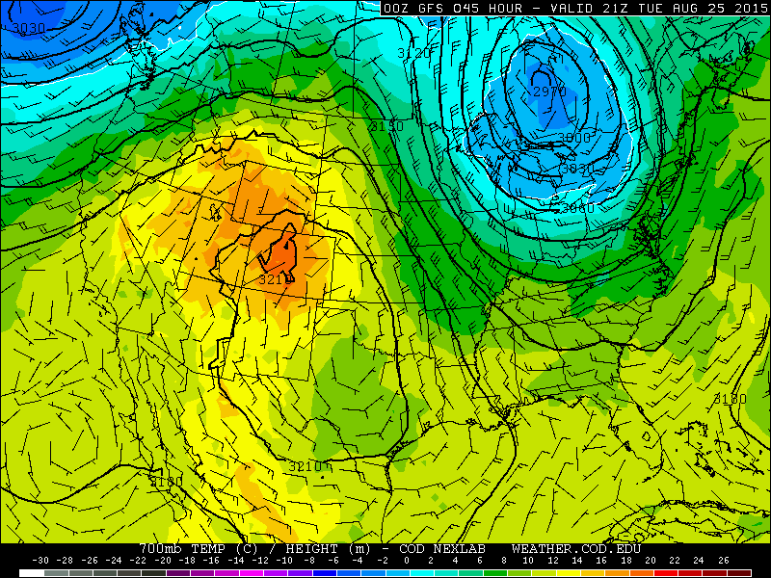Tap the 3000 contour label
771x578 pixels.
(574, 138)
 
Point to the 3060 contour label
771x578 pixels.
(577, 207)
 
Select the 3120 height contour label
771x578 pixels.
(414, 54)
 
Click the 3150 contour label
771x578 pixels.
(386, 126)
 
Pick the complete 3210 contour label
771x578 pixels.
(306, 466)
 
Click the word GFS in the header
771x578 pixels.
(424, 8)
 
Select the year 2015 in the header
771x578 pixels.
(747, 8)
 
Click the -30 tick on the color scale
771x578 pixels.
(40, 560)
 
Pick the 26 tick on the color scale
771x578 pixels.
(724, 560)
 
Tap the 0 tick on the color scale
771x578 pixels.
(407, 560)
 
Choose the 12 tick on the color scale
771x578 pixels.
(553, 560)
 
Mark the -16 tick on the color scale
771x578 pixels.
(211, 560)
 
